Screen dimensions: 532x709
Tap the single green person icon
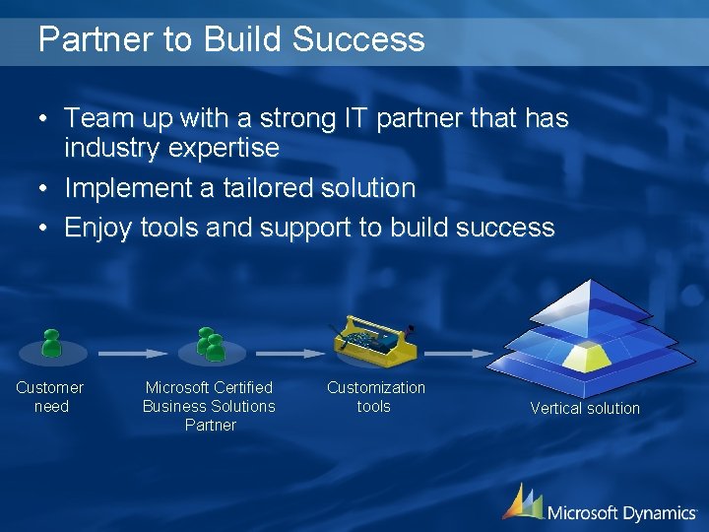click(x=51, y=344)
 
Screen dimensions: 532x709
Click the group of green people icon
click(x=210, y=344)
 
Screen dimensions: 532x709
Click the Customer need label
click(x=50, y=397)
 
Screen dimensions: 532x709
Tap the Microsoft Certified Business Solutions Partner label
click(x=209, y=406)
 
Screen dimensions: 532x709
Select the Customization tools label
click(x=375, y=397)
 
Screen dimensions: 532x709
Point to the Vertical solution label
click(x=585, y=408)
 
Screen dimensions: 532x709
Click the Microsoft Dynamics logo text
click(x=620, y=512)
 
